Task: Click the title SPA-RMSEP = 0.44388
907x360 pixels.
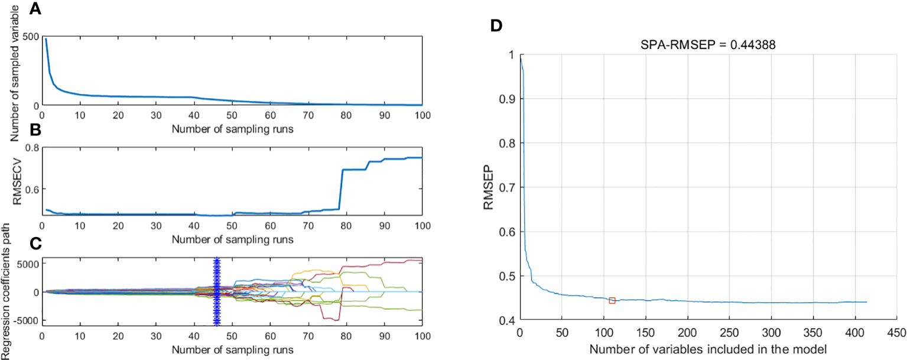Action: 701,44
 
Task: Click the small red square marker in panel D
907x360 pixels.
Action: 612,300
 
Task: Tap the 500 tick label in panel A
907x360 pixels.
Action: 31,38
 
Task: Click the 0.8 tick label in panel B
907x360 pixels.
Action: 31,148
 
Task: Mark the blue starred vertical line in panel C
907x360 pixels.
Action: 216,291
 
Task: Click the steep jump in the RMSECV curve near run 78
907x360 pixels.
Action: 341,189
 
